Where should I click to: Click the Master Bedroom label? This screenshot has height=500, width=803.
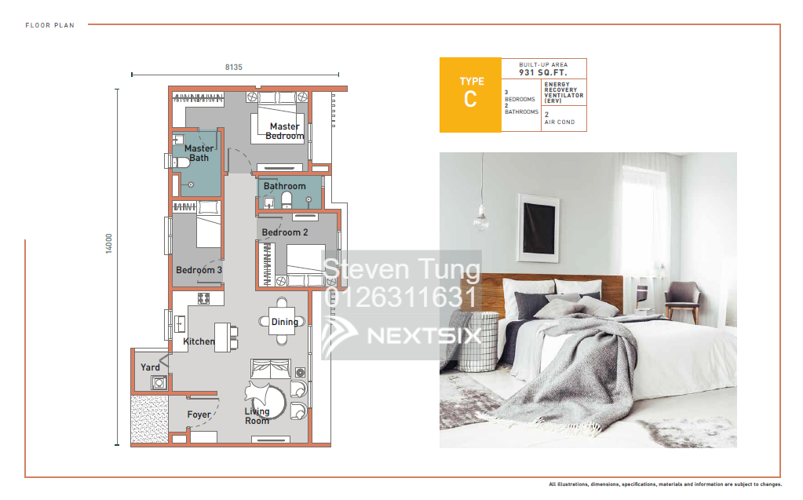point(284,131)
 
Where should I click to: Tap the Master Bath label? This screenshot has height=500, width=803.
point(199,153)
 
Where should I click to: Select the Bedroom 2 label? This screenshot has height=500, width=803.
point(285,232)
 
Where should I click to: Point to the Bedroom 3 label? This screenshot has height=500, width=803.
point(199,270)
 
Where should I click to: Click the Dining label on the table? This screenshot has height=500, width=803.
point(284,322)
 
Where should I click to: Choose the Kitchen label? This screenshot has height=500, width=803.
point(199,341)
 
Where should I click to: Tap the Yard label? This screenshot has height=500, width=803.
point(150,367)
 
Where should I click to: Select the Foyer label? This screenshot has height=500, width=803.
point(199,414)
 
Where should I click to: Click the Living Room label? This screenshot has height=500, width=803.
point(257,416)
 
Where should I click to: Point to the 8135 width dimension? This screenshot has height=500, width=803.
point(234,68)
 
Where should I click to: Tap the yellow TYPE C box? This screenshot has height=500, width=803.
point(470,94)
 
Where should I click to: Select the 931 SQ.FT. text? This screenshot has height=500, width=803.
point(543,72)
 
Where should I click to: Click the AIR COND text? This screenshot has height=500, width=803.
point(560,122)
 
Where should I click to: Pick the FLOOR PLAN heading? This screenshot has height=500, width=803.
point(49,25)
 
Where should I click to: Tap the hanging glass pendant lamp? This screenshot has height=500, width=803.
point(480,223)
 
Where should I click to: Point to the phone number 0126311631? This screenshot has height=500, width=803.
point(400,297)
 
